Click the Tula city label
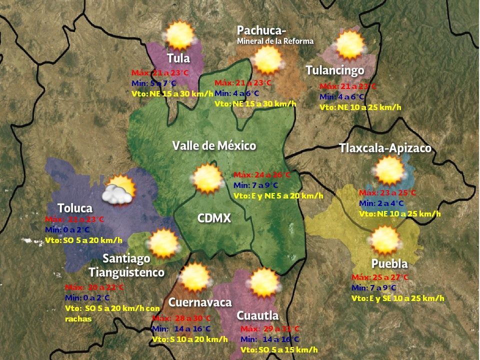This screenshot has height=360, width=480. pyautogui.click(x=178, y=57)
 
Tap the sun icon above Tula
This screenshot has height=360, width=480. pyautogui.click(x=179, y=35)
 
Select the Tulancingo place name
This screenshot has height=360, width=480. pyautogui.click(x=334, y=70)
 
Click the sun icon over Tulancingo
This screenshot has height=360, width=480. pyautogui.click(x=349, y=45)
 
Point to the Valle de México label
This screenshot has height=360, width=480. pyautogui.click(x=214, y=145)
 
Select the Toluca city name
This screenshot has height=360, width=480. pyautogui.click(x=75, y=208)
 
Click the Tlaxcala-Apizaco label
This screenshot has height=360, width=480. pyautogui.click(x=385, y=148)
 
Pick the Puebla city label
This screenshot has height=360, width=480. pyautogui.click(x=389, y=263)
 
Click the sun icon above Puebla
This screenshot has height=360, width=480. pyautogui.click(x=385, y=240)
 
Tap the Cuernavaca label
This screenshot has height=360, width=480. pyautogui.click(x=200, y=302)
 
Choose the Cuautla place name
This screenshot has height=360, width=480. pyautogui.click(x=257, y=315)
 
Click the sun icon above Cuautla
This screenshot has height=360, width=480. pyautogui.click(x=263, y=283)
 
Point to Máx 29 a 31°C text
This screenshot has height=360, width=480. pyautogui.click(x=270, y=329)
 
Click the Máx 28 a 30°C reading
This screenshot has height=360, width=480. pyautogui.click(x=181, y=318)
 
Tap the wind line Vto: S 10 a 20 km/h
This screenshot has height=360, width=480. pyautogui.click(x=189, y=339)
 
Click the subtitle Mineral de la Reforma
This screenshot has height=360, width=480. pyautogui.click(x=275, y=41)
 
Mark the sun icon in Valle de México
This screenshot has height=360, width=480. pyautogui.click(x=206, y=179)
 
